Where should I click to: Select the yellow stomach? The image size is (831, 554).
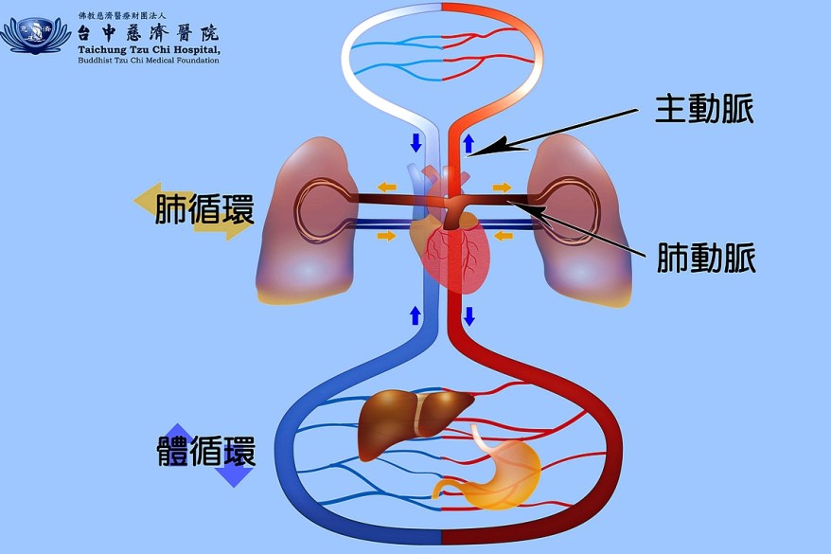(x=497, y=468)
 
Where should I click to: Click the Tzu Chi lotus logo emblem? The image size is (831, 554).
(x=36, y=35)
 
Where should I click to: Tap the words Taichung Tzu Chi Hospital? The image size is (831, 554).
(x=148, y=49)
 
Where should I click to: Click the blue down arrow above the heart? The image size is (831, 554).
(x=415, y=144)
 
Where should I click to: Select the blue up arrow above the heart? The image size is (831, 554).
(x=469, y=144)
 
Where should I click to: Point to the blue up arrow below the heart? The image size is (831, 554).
(x=415, y=315)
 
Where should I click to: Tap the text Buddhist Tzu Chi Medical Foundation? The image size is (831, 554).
(x=148, y=61)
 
